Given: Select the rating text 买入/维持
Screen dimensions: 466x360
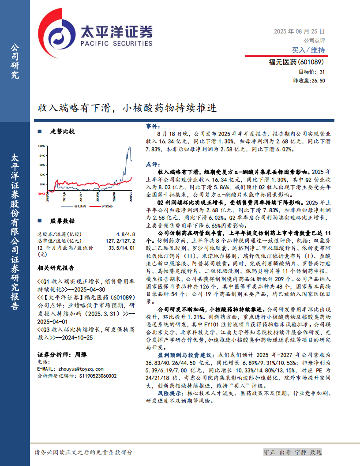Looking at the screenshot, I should coord(308,50).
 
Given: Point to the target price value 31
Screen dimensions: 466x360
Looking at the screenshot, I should coord(322,72).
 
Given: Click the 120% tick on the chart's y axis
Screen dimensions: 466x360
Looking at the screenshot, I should coord(42,146).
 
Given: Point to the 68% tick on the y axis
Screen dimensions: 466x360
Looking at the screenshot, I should coord(42,165).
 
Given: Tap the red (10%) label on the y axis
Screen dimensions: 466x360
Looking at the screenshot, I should coord(41,193).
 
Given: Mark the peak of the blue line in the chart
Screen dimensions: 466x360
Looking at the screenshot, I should coord(129,147).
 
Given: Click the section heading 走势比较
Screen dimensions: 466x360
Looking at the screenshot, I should coord(62,132).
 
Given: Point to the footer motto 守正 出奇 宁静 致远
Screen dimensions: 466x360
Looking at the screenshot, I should coord(292,452).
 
